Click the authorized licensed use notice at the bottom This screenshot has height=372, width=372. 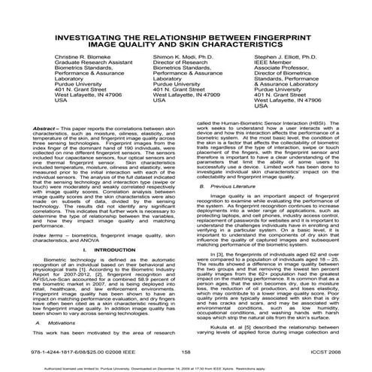[x=185, y=362]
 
